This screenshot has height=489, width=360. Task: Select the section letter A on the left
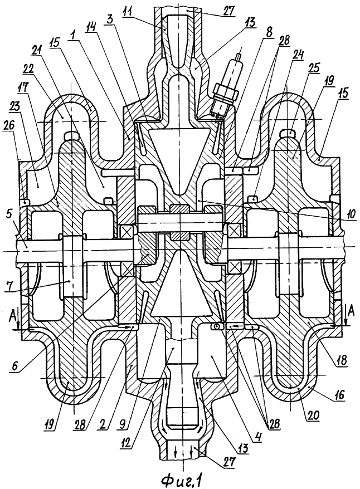tap(12, 311)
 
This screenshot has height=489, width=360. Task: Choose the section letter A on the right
tap(351, 310)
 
